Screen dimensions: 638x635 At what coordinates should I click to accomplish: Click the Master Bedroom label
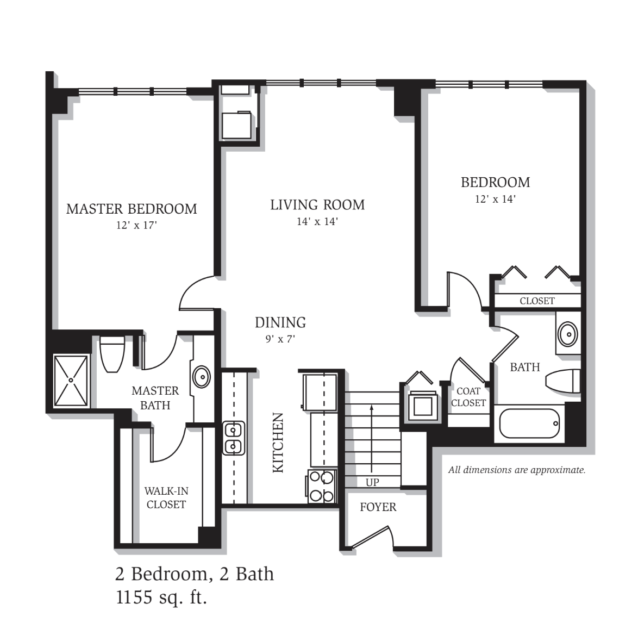(132, 209)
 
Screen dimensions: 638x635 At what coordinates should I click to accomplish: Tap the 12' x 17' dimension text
(136, 225)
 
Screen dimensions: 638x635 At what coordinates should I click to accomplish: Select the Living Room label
(317, 205)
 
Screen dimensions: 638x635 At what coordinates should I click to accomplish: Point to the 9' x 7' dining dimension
(280, 339)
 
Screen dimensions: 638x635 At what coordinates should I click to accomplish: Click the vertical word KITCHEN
(278, 443)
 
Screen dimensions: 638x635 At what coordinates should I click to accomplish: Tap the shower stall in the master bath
(71, 380)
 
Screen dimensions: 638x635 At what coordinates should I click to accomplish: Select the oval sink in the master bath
(202, 377)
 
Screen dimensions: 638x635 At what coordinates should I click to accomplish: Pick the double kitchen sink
(234, 438)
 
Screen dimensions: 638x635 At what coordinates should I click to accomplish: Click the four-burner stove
(322, 486)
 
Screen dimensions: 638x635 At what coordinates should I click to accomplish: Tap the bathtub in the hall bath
(529, 424)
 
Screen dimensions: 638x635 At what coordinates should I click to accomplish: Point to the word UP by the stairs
(372, 482)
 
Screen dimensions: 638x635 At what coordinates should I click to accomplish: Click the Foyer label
(378, 507)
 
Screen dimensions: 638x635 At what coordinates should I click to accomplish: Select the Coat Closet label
(468, 397)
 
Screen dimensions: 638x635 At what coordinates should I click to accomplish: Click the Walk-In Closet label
(166, 498)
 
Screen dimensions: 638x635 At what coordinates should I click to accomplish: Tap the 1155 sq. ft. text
(161, 597)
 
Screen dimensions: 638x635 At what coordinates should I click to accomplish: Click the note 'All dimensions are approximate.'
(517, 470)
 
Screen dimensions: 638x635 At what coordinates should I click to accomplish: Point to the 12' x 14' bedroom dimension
(495, 199)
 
